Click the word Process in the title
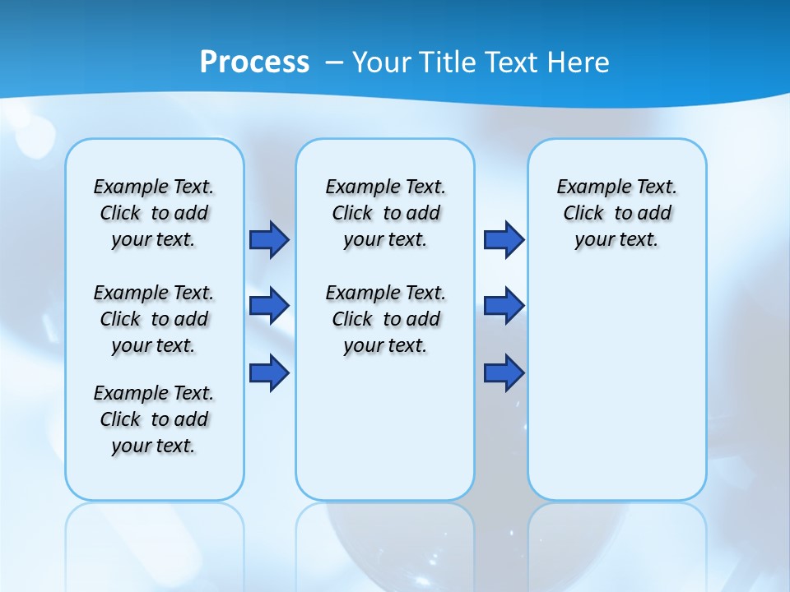pos(254,62)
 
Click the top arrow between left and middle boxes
pos(269,239)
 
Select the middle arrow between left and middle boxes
pos(269,306)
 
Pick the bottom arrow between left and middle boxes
pos(269,373)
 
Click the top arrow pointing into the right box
pos(504,239)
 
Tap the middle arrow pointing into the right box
pos(504,306)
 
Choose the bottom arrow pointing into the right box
pos(504,373)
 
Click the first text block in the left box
pos(154,213)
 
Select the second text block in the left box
pos(154,319)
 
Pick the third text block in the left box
pos(154,419)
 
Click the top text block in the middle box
pos(386,213)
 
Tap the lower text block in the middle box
pos(386,319)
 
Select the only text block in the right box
pos(617,213)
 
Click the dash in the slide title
pos(334,63)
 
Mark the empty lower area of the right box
pos(617,378)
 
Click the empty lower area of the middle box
pos(385,428)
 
